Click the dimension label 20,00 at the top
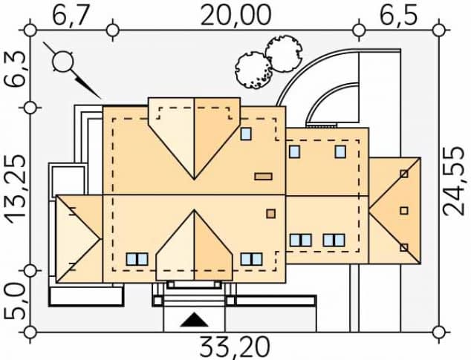coord(235,15)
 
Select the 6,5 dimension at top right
coord(399,15)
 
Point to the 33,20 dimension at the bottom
coord(234,347)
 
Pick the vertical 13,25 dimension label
coord(15,190)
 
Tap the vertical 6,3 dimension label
coord(14,69)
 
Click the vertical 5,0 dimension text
coord(14,302)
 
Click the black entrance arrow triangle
coord(195,320)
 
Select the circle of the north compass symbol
coord(63,62)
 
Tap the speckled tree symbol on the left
coord(253,70)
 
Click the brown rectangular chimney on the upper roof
coord(264,177)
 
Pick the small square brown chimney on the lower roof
coord(271,214)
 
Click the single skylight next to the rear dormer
coord(246,134)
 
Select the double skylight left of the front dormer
coord(137,259)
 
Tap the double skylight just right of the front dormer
coord(251,259)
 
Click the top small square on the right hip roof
coord(404,174)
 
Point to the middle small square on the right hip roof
coord(404,211)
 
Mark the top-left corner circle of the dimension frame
coord(30,30)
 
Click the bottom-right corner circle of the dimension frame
coord(439,333)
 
